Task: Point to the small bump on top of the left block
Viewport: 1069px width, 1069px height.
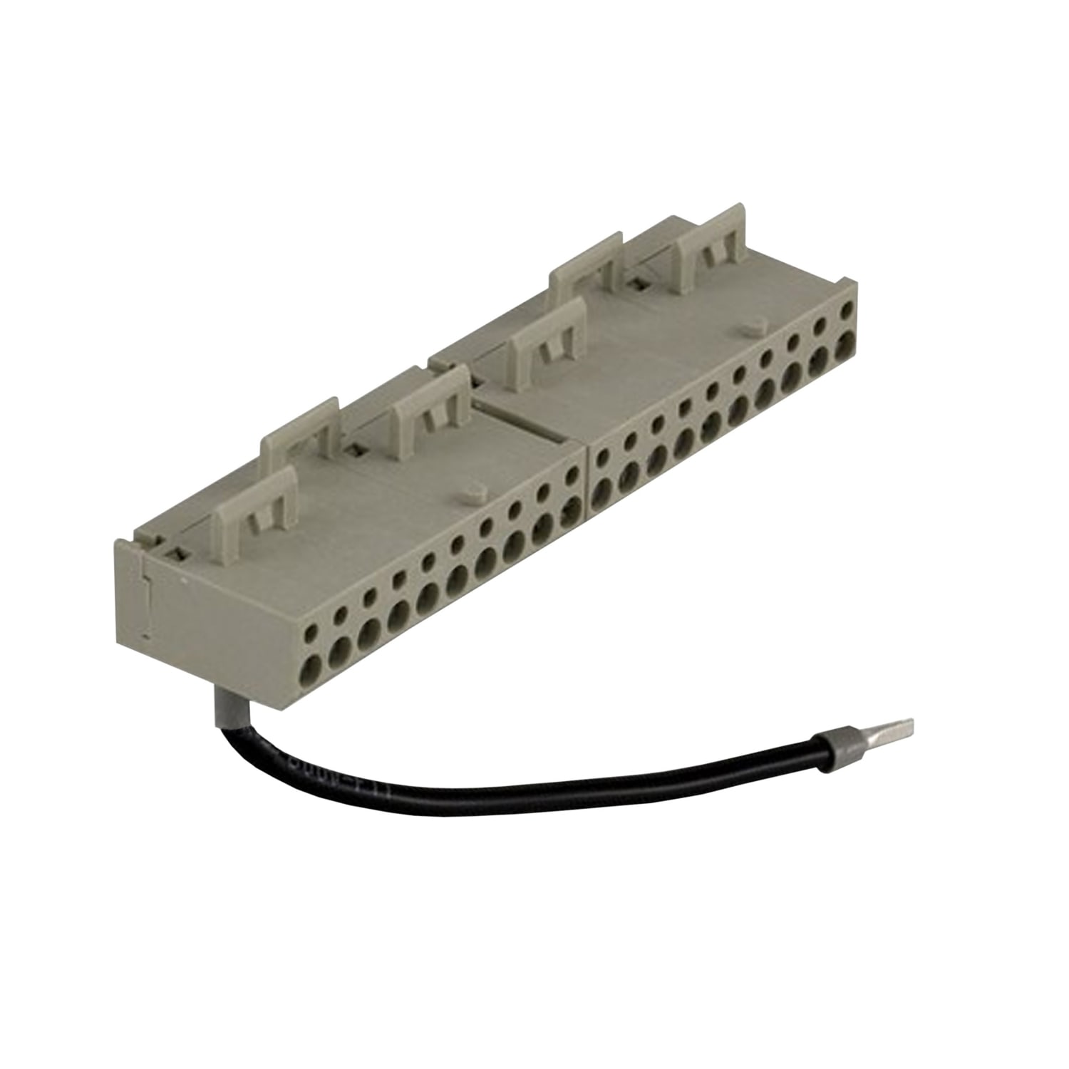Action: tap(472, 491)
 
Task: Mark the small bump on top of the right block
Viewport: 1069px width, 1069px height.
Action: tap(753, 326)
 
